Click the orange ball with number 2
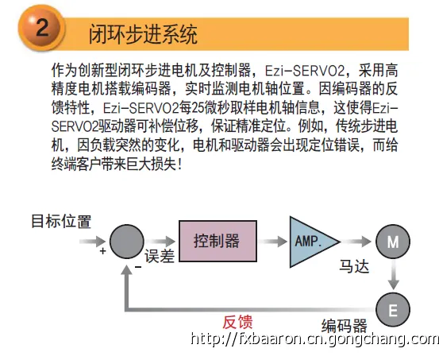[41, 28]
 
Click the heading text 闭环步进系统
[143, 34]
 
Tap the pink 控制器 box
[218, 241]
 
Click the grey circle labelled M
[393, 242]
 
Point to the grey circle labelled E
[393, 309]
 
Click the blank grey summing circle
[127, 242]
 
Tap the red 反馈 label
[237, 322]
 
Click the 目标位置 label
[61, 221]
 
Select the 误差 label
[160, 256]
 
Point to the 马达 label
[354, 266]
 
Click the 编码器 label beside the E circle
[344, 326]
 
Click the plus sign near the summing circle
[102, 250]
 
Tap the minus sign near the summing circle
[138, 267]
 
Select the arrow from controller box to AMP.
[273, 242]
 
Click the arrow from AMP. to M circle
[356, 242]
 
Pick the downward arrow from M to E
[394, 275]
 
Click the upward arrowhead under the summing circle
[127, 269]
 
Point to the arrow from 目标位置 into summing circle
[92, 242]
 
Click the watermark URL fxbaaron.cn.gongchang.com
[314, 339]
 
